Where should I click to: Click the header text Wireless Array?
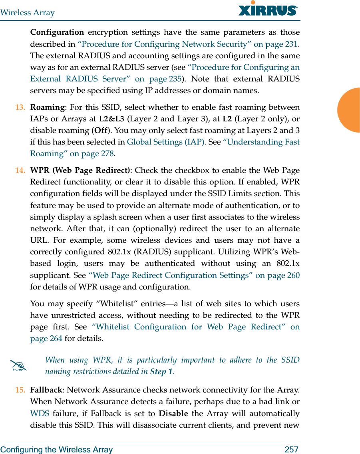tap(27, 12)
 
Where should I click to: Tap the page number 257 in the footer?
tap(291, 450)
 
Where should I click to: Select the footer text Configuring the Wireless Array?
tap(56, 450)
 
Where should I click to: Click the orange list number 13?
tap(20, 107)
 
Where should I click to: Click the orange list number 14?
tap(20, 170)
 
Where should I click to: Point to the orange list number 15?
tap(20, 390)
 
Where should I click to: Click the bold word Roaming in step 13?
tap(47, 107)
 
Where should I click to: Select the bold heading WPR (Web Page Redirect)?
tap(80, 170)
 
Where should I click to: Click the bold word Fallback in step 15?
tap(46, 390)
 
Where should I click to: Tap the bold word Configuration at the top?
tap(57, 32)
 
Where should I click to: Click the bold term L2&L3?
tap(111, 119)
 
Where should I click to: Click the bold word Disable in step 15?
tap(173, 413)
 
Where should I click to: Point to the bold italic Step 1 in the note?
tap(161, 372)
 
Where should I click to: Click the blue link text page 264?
tap(46, 339)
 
